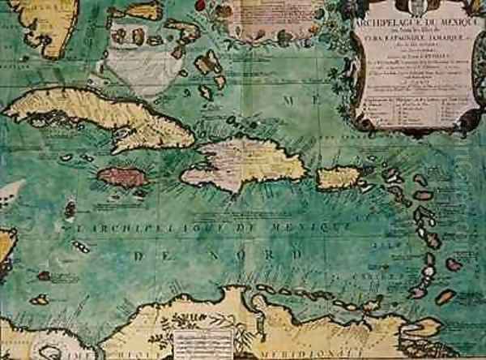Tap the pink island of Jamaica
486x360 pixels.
122,177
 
